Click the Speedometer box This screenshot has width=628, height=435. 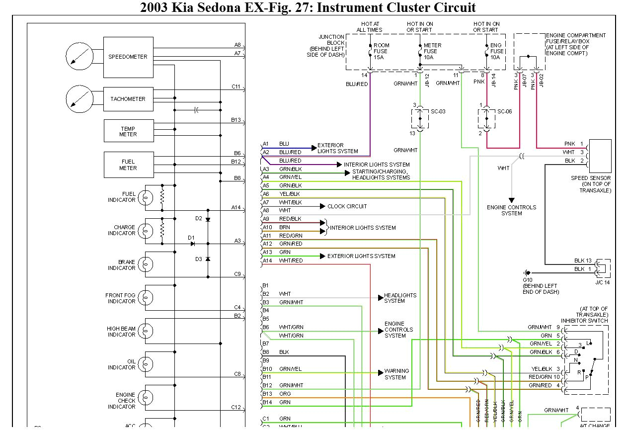[x=128, y=57]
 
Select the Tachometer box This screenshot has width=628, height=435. [x=128, y=99]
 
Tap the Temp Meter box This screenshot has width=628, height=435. [x=128, y=131]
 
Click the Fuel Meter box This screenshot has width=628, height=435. [x=128, y=165]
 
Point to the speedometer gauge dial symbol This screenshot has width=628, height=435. [x=79, y=56]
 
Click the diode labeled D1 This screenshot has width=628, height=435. [x=193, y=244]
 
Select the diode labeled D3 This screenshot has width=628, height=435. [x=208, y=259]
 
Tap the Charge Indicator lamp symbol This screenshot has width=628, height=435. [x=145, y=231]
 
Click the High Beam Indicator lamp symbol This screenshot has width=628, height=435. [x=145, y=331]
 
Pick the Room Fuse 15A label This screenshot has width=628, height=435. [x=381, y=51]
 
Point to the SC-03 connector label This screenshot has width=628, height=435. [x=437, y=111]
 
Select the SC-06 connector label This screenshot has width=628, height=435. [x=504, y=111]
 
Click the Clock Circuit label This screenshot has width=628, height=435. [x=347, y=206]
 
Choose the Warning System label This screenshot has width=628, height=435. [x=396, y=374]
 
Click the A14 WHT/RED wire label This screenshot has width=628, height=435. [x=291, y=261]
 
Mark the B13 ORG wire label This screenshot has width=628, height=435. [x=285, y=394]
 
